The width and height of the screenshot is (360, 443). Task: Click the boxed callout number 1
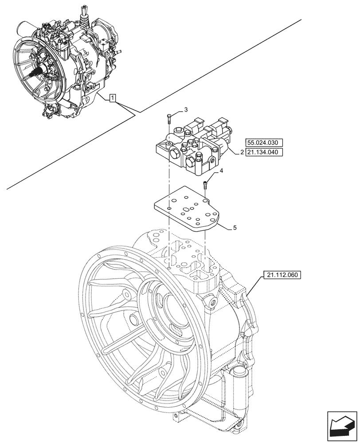113,98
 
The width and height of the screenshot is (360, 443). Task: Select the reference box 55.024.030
263,142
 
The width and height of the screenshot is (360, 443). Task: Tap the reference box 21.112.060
282,275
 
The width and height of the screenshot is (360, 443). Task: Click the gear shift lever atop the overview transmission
83,16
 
